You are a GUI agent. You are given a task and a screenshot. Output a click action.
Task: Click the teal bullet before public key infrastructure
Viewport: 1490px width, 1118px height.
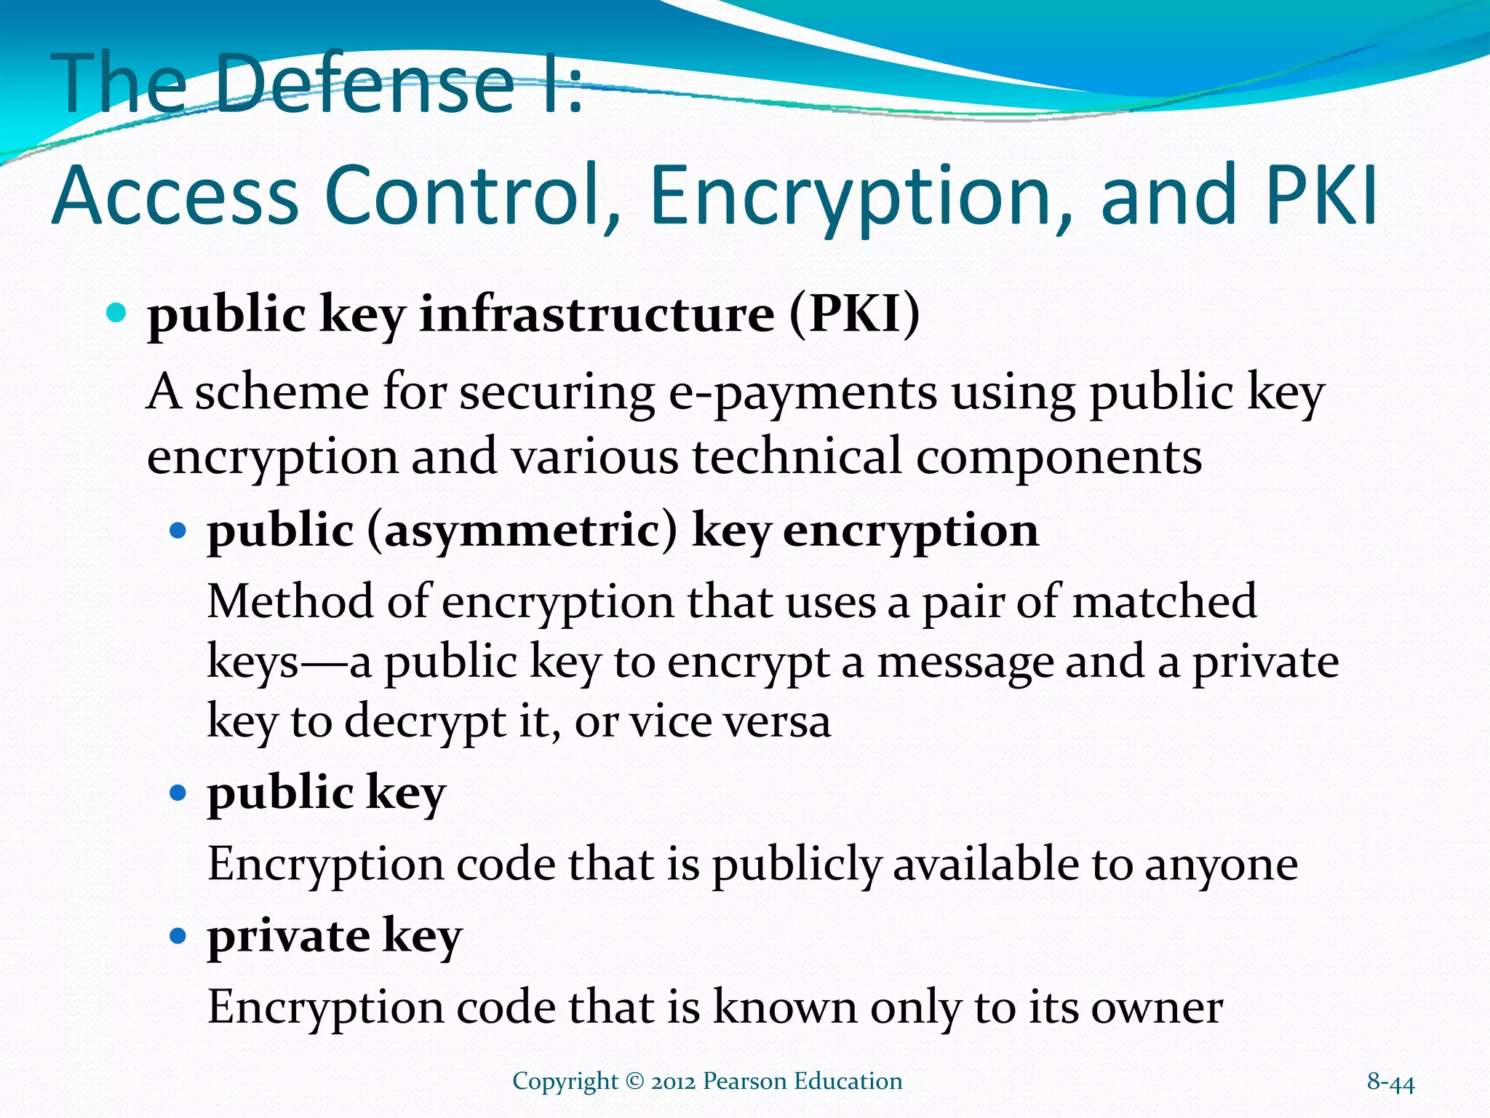(x=116, y=314)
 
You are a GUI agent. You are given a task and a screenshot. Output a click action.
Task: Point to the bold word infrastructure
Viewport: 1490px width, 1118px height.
(x=597, y=315)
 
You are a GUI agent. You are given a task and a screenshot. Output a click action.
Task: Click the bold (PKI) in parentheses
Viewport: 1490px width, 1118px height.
(x=855, y=315)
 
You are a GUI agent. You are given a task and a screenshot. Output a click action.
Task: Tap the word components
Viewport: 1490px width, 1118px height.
(x=1059, y=457)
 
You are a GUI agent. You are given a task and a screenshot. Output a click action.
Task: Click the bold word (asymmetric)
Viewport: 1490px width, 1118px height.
(x=522, y=530)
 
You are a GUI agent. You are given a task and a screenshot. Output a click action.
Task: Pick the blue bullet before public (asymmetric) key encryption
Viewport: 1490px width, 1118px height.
(x=178, y=529)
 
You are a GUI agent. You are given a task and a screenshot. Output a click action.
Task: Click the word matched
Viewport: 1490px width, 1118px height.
(x=1164, y=601)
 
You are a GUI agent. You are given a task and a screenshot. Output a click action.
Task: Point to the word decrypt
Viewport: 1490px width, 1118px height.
(x=425, y=722)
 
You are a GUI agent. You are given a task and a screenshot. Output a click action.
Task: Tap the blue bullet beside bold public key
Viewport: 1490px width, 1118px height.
(x=178, y=792)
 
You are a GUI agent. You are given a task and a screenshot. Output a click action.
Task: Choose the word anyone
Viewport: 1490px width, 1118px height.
(x=1222, y=865)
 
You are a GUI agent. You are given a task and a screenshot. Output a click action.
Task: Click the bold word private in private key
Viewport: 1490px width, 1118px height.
(x=288, y=935)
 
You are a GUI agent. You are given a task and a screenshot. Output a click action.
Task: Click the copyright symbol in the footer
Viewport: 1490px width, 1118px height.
(x=634, y=1082)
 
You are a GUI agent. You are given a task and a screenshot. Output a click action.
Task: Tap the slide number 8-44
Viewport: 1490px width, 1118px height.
(x=1390, y=1082)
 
